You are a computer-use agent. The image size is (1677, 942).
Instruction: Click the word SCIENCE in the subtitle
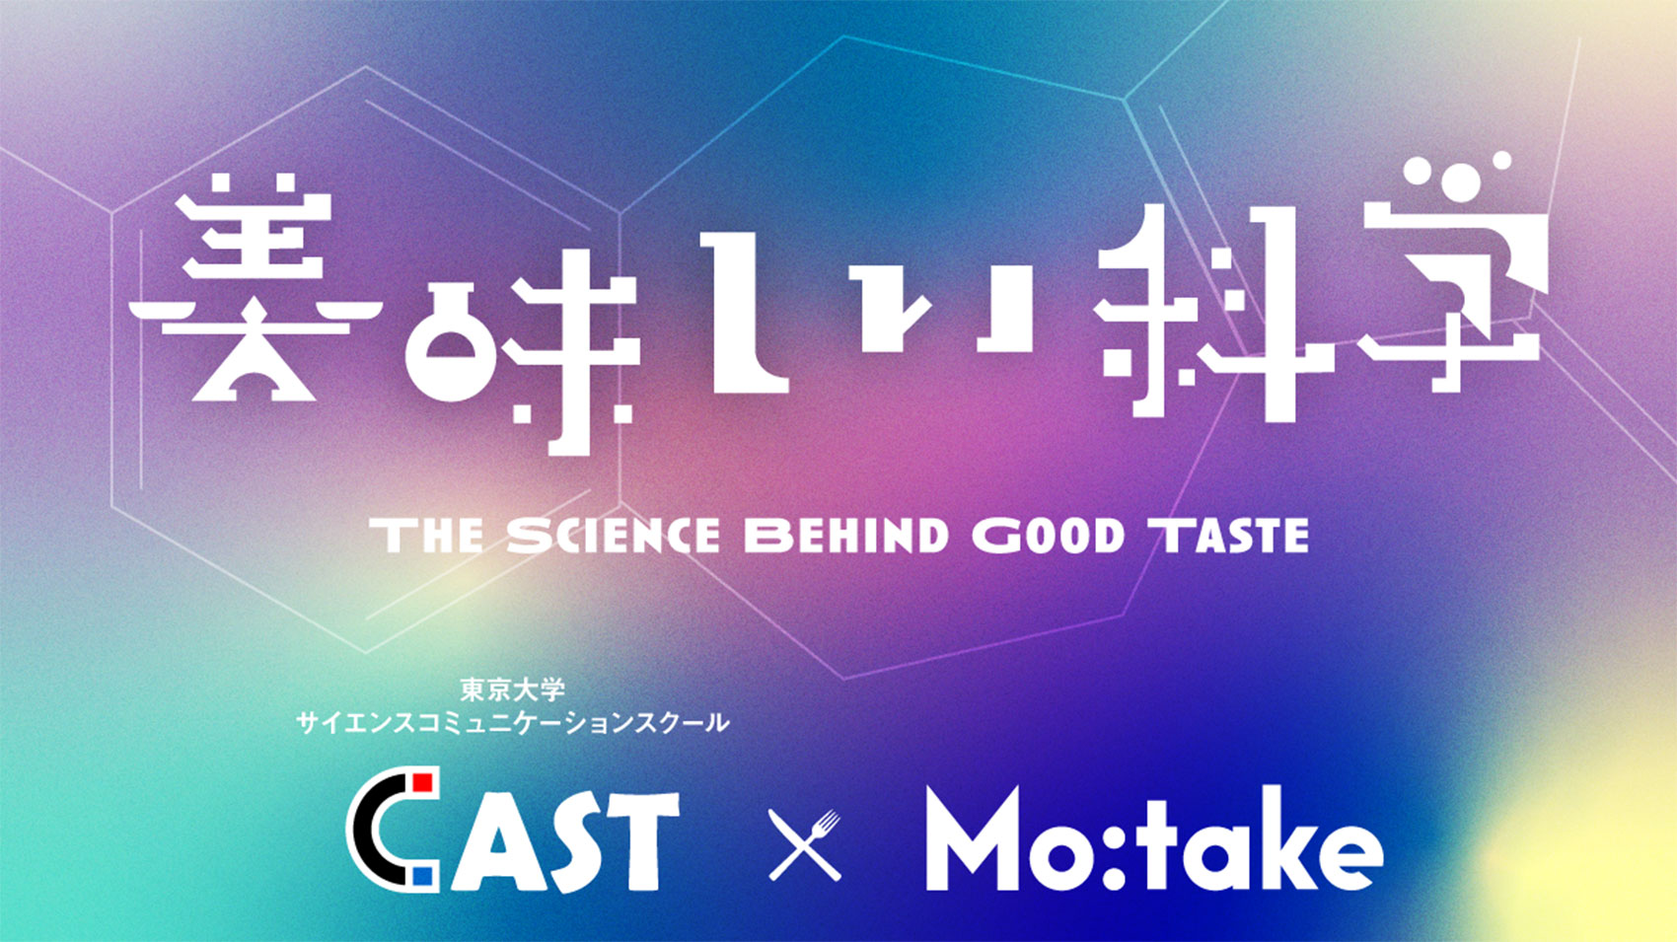pyautogui.click(x=614, y=536)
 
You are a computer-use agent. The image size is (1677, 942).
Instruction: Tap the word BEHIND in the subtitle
pyautogui.click(x=847, y=536)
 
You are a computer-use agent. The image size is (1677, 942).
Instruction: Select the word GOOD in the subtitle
pyautogui.click(x=1049, y=536)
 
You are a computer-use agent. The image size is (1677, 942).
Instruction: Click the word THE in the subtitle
pyautogui.click(x=427, y=536)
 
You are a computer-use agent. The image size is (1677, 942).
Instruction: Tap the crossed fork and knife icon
pyautogui.click(x=805, y=844)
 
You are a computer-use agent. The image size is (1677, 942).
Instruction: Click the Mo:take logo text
pyautogui.click(x=1154, y=838)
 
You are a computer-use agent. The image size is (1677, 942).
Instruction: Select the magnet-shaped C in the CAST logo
pyautogui.click(x=391, y=830)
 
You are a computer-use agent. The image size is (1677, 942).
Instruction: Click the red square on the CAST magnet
pyautogui.click(x=422, y=782)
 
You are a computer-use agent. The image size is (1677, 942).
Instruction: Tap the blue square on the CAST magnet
pyautogui.click(x=423, y=876)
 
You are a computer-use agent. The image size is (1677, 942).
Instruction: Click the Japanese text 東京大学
pyautogui.click(x=512, y=689)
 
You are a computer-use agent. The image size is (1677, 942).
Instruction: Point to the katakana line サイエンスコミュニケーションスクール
pyautogui.click(x=513, y=723)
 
